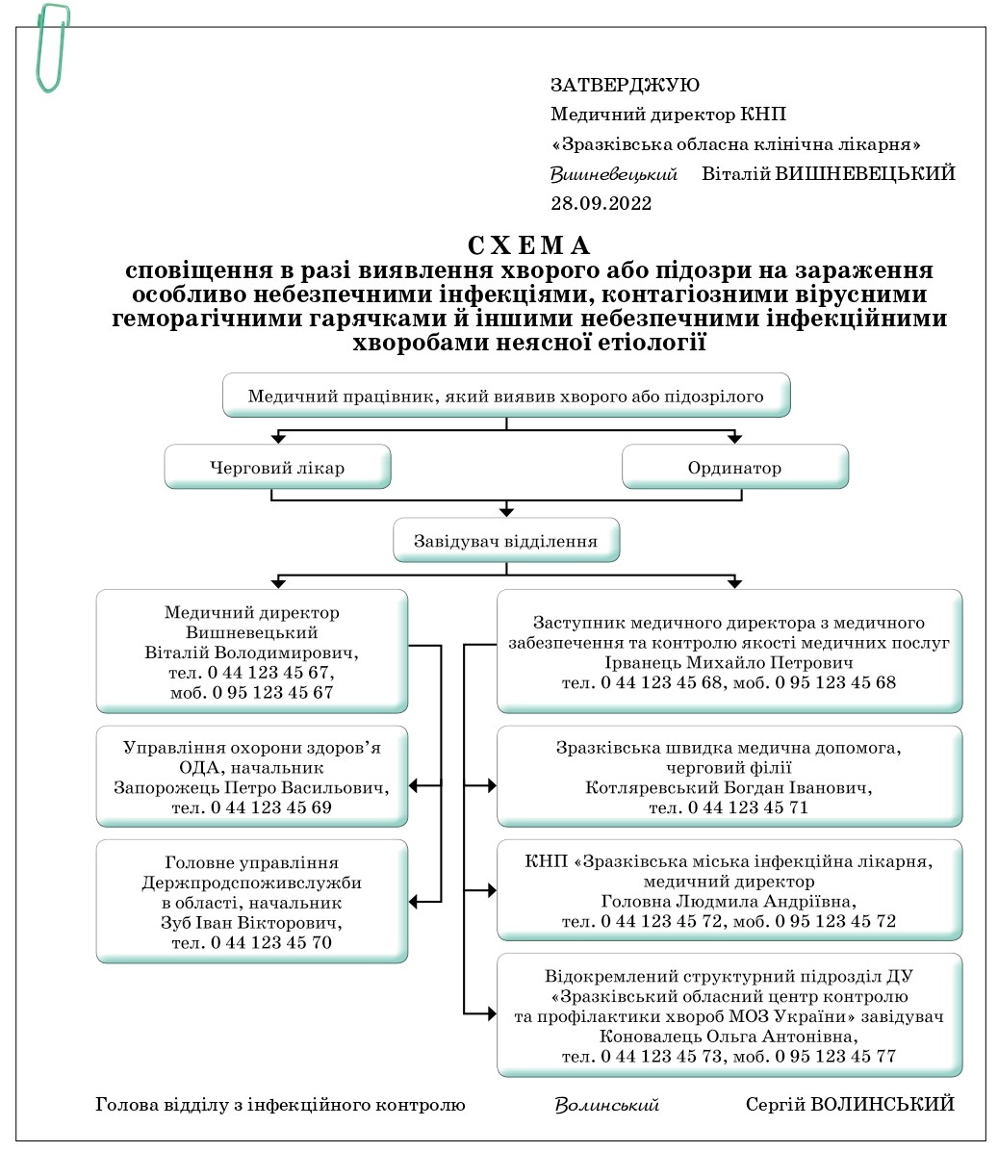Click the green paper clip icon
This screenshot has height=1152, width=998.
pyautogui.click(x=52, y=47)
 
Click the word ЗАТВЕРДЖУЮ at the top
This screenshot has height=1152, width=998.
pyautogui.click(x=625, y=86)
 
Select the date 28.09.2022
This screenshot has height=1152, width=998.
pyautogui.click(x=601, y=203)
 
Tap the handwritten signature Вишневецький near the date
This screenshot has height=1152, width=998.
pyautogui.click(x=614, y=174)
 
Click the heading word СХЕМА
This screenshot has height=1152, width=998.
pyautogui.click(x=529, y=245)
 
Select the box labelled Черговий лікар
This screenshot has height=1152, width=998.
pyautogui.click(x=277, y=468)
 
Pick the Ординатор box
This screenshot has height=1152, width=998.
pyautogui.click(x=734, y=468)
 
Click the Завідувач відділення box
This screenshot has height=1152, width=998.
pyautogui.click(x=505, y=541)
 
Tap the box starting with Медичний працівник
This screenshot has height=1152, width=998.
pyautogui.click(x=505, y=396)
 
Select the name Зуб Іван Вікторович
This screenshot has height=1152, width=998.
pyautogui.click(x=251, y=923)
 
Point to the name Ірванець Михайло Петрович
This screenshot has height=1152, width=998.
pyautogui.click(x=729, y=663)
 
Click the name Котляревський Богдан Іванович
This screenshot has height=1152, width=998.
pyautogui.click(x=729, y=788)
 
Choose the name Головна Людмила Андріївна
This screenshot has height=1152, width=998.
pyautogui.click(x=729, y=902)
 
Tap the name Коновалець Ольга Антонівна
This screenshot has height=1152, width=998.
pyautogui.click(x=729, y=1037)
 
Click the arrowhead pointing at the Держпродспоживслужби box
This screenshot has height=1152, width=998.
pyautogui.click(x=415, y=902)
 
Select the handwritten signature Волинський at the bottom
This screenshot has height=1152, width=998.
pyautogui.click(x=606, y=1105)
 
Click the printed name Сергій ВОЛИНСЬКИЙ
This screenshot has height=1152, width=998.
pyautogui.click(x=850, y=1105)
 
